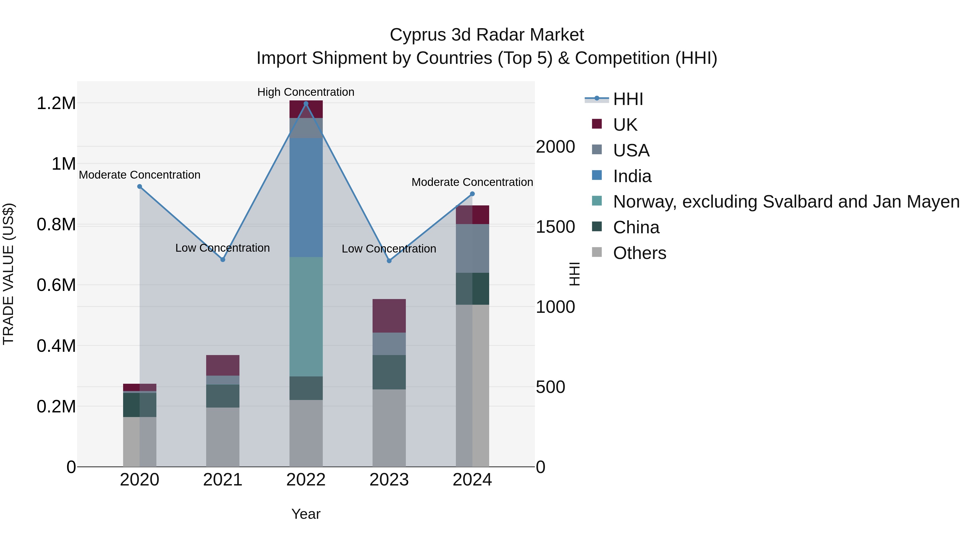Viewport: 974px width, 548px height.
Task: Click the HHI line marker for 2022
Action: coord(306,104)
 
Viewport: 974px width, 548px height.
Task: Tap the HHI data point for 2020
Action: coord(140,186)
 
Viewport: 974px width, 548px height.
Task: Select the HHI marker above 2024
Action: coord(472,194)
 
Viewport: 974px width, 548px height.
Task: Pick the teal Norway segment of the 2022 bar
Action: coord(306,317)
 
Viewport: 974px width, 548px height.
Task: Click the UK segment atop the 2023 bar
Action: coord(389,316)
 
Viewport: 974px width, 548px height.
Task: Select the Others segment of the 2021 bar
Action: coord(223,437)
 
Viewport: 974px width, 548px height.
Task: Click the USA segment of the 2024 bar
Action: coord(472,248)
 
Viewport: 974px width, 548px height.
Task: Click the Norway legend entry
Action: coord(786,202)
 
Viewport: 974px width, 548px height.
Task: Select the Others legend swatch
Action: coord(597,252)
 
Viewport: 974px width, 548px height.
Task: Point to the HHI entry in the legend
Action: coord(628,99)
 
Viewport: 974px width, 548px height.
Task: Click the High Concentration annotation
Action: coord(306,92)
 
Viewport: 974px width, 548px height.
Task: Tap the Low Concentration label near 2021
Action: coord(222,248)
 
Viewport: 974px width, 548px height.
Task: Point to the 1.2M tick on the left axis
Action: coord(56,103)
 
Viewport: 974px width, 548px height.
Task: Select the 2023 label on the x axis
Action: coord(389,480)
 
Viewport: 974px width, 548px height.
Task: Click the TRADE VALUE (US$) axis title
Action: coord(8,274)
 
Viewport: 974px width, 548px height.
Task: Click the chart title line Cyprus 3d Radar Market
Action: coord(487,35)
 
